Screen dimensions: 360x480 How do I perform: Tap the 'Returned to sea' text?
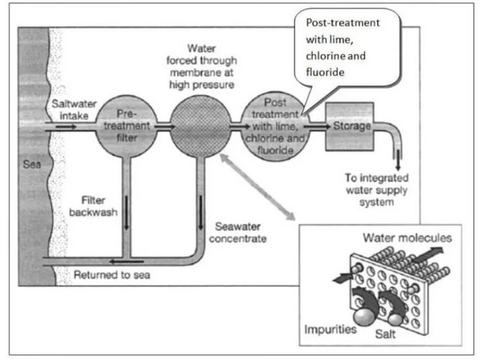coord(109,275)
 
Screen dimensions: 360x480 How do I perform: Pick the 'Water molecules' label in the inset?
coord(407,237)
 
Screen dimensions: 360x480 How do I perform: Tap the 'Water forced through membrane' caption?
coord(201,65)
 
